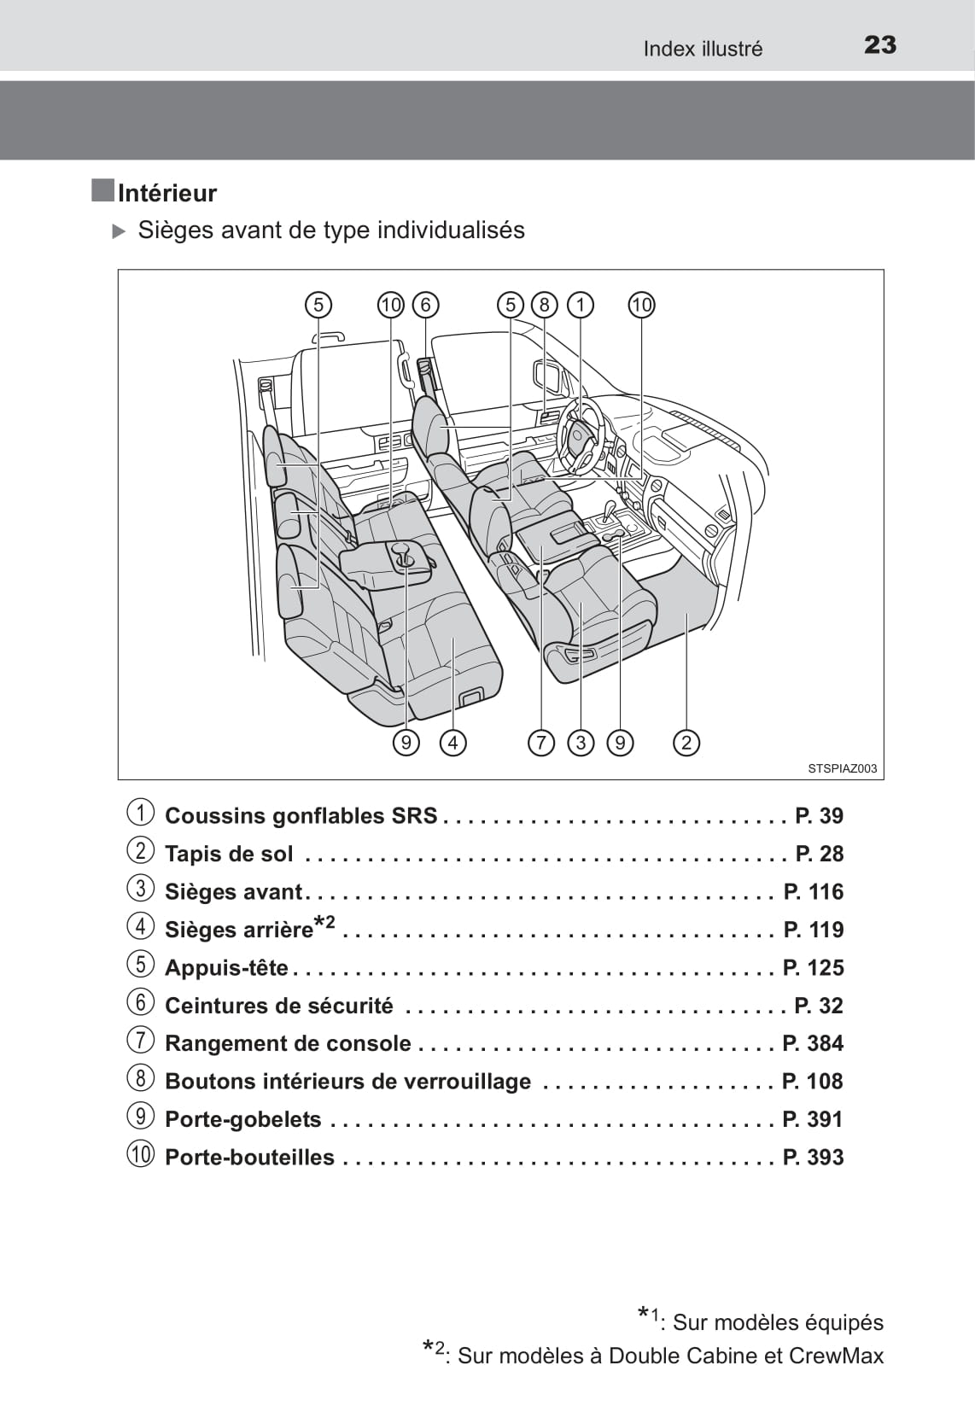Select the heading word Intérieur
(x=167, y=193)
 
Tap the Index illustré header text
(x=703, y=49)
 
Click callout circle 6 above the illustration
(x=425, y=305)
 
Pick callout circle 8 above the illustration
(x=544, y=305)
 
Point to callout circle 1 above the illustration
(x=581, y=305)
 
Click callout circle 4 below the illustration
(x=452, y=743)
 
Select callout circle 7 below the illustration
(x=541, y=743)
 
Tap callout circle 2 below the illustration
(x=686, y=743)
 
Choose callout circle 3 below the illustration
(x=581, y=743)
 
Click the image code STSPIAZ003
(x=842, y=768)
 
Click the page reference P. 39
(x=819, y=816)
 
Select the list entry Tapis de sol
(x=229, y=854)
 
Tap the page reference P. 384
(x=813, y=1043)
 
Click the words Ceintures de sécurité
(x=279, y=1006)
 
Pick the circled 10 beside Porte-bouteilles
(x=141, y=1156)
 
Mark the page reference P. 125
(x=813, y=967)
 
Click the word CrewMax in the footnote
(x=836, y=1356)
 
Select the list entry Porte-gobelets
(x=243, y=1119)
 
